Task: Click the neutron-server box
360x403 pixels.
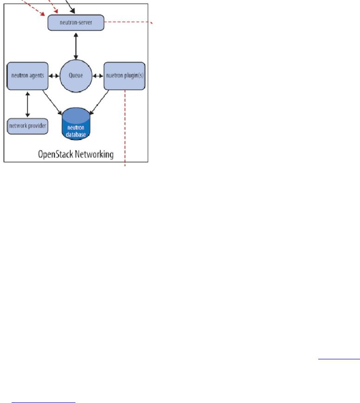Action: pyautogui.click(x=76, y=22)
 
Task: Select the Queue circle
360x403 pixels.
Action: pyautogui.click(x=76, y=75)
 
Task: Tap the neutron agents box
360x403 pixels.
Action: pyautogui.click(x=28, y=75)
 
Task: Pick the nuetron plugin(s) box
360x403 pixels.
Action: pyautogui.click(x=124, y=75)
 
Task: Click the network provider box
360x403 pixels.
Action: pyautogui.click(x=28, y=126)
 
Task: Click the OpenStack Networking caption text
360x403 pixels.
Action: pyautogui.click(x=76, y=154)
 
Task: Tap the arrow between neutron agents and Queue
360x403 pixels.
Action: pyautogui.click(x=54, y=75)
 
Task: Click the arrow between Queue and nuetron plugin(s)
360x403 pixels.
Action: pyautogui.click(x=98, y=75)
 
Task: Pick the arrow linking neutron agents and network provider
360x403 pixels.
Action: pyautogui.click(x=27, y=103)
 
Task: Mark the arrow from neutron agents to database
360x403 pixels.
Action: pyautogui.click(x=52, y=101)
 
